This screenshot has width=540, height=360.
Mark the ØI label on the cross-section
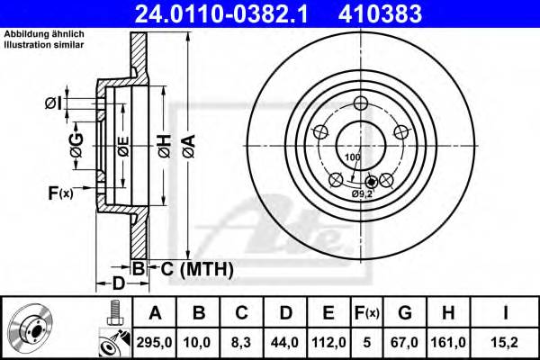point(52,104)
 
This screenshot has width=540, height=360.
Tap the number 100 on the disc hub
point(352,157)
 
